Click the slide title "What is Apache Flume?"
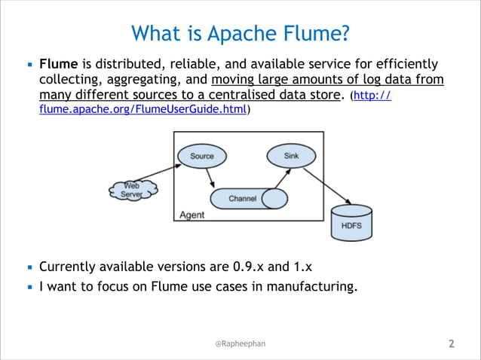(x=240, y=33)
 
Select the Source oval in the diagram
(x=201, y=156)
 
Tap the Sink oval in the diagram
(x=291, y=156)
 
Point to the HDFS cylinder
(x=351, y=224)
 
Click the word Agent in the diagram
(x=192, y=215)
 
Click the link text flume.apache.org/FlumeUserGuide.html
(x=143, y=110)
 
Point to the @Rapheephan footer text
(x=240, y=343)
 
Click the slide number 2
(x=452, y=344)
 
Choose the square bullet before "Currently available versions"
(x=29, y=267)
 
